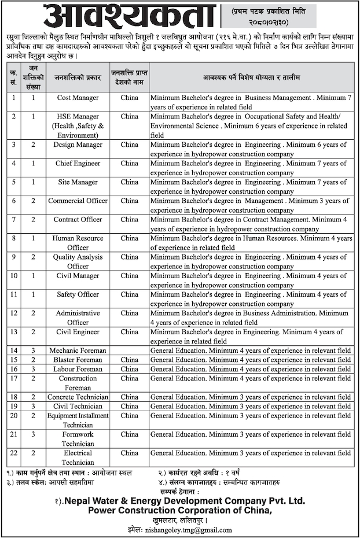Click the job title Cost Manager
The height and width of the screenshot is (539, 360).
(x=78, y=98)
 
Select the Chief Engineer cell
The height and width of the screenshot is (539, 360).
(x=78, y=163)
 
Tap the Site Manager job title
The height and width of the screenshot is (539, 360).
(x=78, y=182)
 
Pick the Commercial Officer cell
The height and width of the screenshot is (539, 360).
(x=78, y=201)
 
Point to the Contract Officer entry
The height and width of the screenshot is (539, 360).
(x=78, y=219)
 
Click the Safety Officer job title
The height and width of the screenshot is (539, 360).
(x=78, y=294)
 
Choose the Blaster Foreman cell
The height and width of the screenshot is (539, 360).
(x=78, y=360)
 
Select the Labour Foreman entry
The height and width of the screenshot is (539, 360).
(x=78, y=369)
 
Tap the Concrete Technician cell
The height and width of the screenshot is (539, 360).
(x=78, y=397)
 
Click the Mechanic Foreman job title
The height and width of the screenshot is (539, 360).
(x=78, y=350)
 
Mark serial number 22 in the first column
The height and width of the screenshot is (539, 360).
(x=13, y=453)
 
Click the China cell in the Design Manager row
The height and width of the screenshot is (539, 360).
(x=129, y=145)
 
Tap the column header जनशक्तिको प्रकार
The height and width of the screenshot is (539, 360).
(x=78, y=77)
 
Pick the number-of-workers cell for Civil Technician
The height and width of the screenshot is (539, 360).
(x=34, y=406)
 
